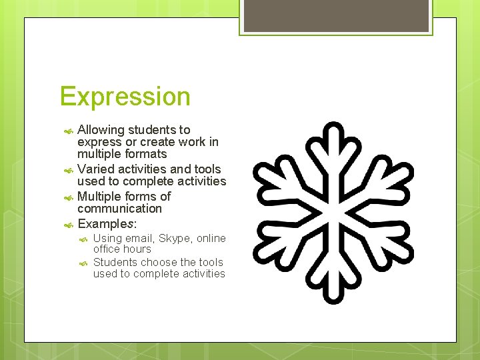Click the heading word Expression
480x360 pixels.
coord(125,97)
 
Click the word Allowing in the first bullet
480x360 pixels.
coord(100,130)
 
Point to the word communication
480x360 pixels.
coord(119,209)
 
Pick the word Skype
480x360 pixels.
coord(174,239)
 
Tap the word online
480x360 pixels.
coord(211,239)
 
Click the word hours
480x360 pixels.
coord(137,249)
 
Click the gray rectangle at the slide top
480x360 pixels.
coord(335,15)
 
